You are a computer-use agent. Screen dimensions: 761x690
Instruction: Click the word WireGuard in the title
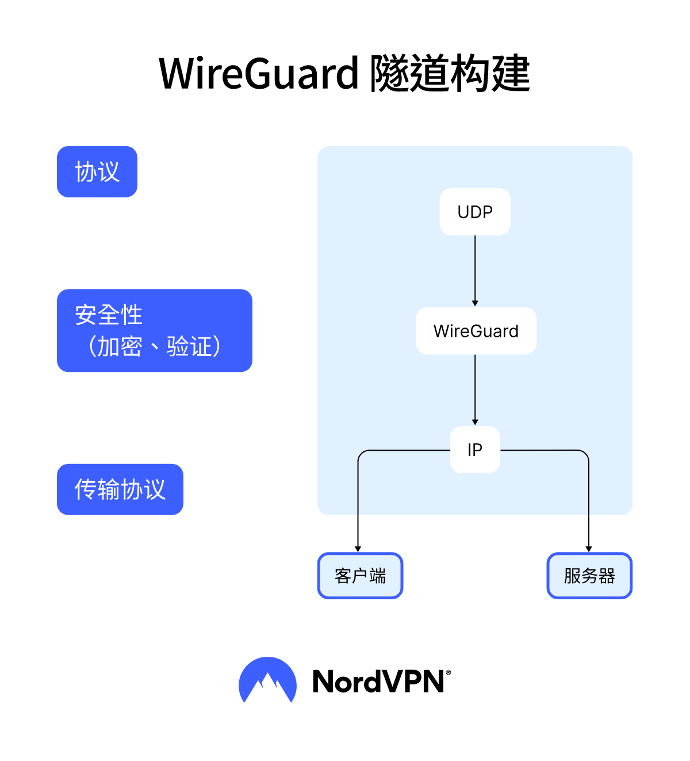click(259, 74)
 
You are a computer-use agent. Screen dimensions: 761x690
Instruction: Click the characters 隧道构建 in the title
click(450, 74)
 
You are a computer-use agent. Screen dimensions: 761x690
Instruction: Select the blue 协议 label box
click(97, 172)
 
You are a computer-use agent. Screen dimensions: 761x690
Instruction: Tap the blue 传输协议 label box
click(120, 489)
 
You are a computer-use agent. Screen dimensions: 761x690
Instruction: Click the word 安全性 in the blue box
click(109, 315)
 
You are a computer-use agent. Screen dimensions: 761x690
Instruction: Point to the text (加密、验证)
click(154, 347)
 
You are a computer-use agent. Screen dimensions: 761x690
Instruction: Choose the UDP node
click(475, 212)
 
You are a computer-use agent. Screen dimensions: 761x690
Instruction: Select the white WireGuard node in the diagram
click(476, 331)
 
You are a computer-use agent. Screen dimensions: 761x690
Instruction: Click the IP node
click(475, 450)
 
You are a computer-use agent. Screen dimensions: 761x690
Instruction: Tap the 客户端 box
click(361, 576)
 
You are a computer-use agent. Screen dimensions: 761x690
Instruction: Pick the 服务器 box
click(589, 576)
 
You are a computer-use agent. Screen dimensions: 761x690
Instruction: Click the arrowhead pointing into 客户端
click(358, 549)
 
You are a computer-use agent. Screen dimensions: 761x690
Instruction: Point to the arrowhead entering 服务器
click(589, 549)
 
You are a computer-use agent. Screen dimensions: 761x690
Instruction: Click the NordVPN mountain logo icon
click(267, 680)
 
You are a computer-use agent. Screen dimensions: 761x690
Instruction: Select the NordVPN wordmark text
click(378, 682)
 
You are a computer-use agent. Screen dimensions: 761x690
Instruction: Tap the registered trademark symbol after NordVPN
click(448, 672)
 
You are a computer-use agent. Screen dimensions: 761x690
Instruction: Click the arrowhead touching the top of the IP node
click(475, 422)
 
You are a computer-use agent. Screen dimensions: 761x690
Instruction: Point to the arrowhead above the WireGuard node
click(475, 303)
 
